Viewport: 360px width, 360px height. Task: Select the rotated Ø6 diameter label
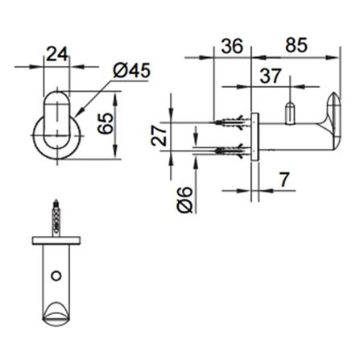(183, 196)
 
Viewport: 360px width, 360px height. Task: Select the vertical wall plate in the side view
(254, 136)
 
